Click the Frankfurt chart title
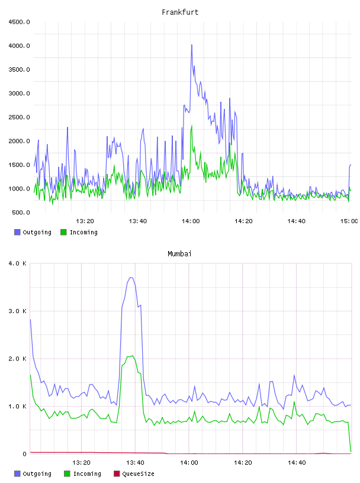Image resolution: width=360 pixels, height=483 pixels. point(180,12)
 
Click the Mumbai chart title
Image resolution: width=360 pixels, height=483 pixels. point(179,253)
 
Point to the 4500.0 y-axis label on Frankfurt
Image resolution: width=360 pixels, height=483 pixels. point(19,22)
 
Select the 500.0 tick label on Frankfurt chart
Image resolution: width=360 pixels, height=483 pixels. point(21,212)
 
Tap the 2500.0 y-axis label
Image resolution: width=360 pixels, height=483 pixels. point(19,117)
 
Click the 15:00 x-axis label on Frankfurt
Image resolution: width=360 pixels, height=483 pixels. point(349,221)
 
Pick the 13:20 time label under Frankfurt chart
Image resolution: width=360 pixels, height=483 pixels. point(85,221)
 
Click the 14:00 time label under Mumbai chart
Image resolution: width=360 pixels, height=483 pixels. point(189,462)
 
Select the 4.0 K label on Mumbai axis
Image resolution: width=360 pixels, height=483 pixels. point(18,263)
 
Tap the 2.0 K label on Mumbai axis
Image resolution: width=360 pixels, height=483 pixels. point(18,359)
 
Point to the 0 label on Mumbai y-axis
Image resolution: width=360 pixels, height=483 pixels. point(25,454)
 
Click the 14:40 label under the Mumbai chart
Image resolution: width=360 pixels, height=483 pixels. point(297,462)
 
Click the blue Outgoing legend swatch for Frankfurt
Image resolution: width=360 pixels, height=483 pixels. point(17,232)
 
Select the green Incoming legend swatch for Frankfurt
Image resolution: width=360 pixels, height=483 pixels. point(63,232)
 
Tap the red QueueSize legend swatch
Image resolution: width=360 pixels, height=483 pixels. point(117,474)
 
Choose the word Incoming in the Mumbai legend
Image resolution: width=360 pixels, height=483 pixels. point(87,474)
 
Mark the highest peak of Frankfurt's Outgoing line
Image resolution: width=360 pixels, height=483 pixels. point(192,45)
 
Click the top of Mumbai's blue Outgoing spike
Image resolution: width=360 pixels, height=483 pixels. point(131,278)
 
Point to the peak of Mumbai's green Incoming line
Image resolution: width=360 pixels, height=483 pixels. point(133,356)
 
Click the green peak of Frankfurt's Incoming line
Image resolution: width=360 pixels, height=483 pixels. point(192,126)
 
